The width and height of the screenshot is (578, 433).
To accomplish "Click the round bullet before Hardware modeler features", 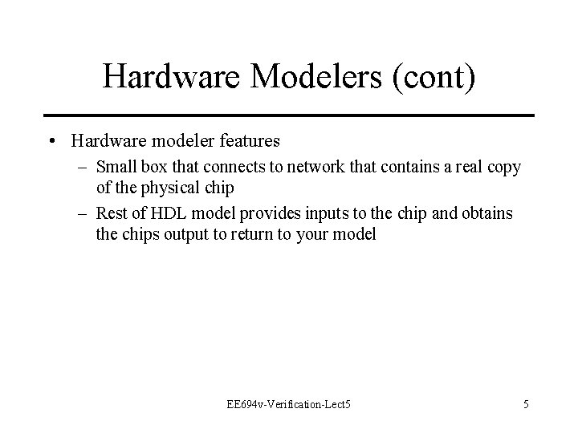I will [x=51, y=141].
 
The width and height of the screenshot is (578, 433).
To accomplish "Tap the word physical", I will [x=173, y=188].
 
